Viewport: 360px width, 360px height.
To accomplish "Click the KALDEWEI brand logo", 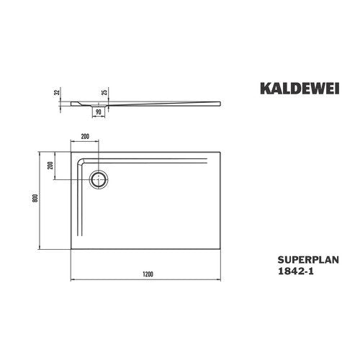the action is coord(300,89).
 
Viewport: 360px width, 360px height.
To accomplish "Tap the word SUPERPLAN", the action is coord(308,260).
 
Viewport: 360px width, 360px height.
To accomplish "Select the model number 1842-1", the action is coord(295,271).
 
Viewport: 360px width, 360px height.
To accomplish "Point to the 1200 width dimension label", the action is coord(148,274).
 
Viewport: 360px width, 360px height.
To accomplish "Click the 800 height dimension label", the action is coord(35,198).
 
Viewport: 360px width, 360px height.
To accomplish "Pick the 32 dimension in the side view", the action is coord(57,92).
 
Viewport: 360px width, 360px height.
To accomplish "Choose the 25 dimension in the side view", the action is coord(104,92).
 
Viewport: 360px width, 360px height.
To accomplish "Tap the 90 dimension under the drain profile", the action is coord(99,112).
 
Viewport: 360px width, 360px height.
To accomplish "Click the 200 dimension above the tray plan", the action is coord(85,137).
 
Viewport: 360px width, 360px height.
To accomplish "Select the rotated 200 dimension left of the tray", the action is coord(50,166).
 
